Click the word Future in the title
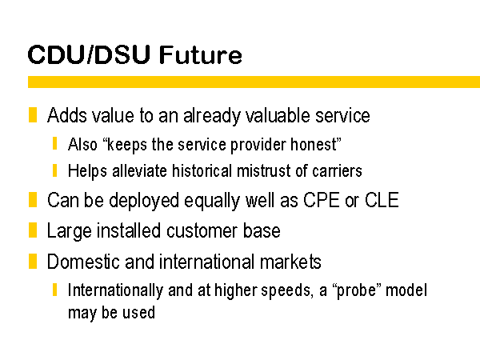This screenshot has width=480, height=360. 201,54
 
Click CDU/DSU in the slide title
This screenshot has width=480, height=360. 89,54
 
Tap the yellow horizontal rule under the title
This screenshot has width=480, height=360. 254,82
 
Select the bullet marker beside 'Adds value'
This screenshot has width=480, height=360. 33,114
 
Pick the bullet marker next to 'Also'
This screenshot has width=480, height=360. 54,143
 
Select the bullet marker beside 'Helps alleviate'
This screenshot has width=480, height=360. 54,170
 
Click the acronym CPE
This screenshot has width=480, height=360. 322,200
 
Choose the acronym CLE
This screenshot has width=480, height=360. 382,200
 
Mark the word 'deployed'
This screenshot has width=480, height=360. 144,201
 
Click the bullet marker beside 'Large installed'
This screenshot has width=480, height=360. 33,230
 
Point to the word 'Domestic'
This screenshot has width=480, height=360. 83,262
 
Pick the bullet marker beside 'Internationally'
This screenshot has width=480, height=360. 54,290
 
